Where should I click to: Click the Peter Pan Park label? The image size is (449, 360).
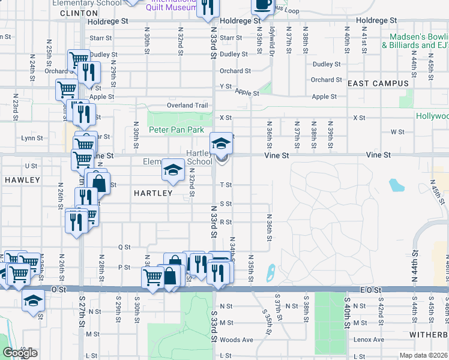[176, 130]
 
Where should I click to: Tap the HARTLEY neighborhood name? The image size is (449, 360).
[152, 193]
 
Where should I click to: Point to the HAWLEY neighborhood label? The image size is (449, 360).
[22, 180]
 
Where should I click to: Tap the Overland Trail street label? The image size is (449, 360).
[187, 106]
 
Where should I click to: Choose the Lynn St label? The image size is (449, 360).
[32, 137]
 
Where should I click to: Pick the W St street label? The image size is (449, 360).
[397, 131]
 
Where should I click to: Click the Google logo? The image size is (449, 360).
[20, 353]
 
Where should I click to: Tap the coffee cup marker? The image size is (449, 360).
[262, 4]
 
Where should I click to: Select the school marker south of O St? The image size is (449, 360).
[34, 301]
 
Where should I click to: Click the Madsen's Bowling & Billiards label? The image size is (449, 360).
[416, 41]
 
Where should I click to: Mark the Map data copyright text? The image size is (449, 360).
[424, 355]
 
